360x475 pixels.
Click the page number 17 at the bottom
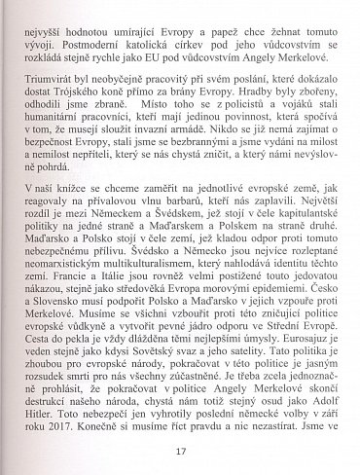tap(181, 452)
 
